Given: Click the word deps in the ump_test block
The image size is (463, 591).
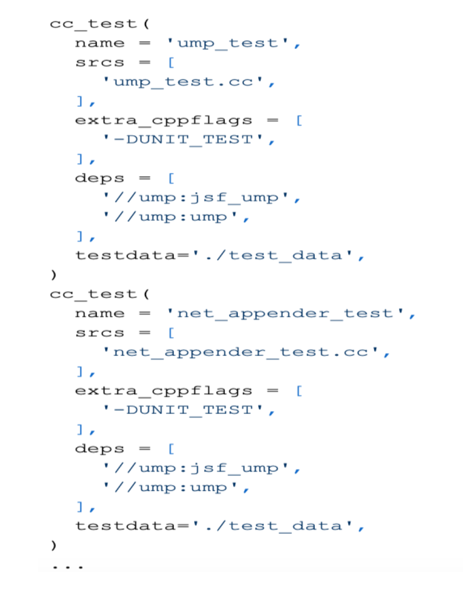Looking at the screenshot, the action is tap(100, 178).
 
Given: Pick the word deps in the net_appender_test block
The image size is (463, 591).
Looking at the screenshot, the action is tap(100, 449).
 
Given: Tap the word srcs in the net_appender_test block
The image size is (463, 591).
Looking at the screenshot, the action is tap(100, 333).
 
